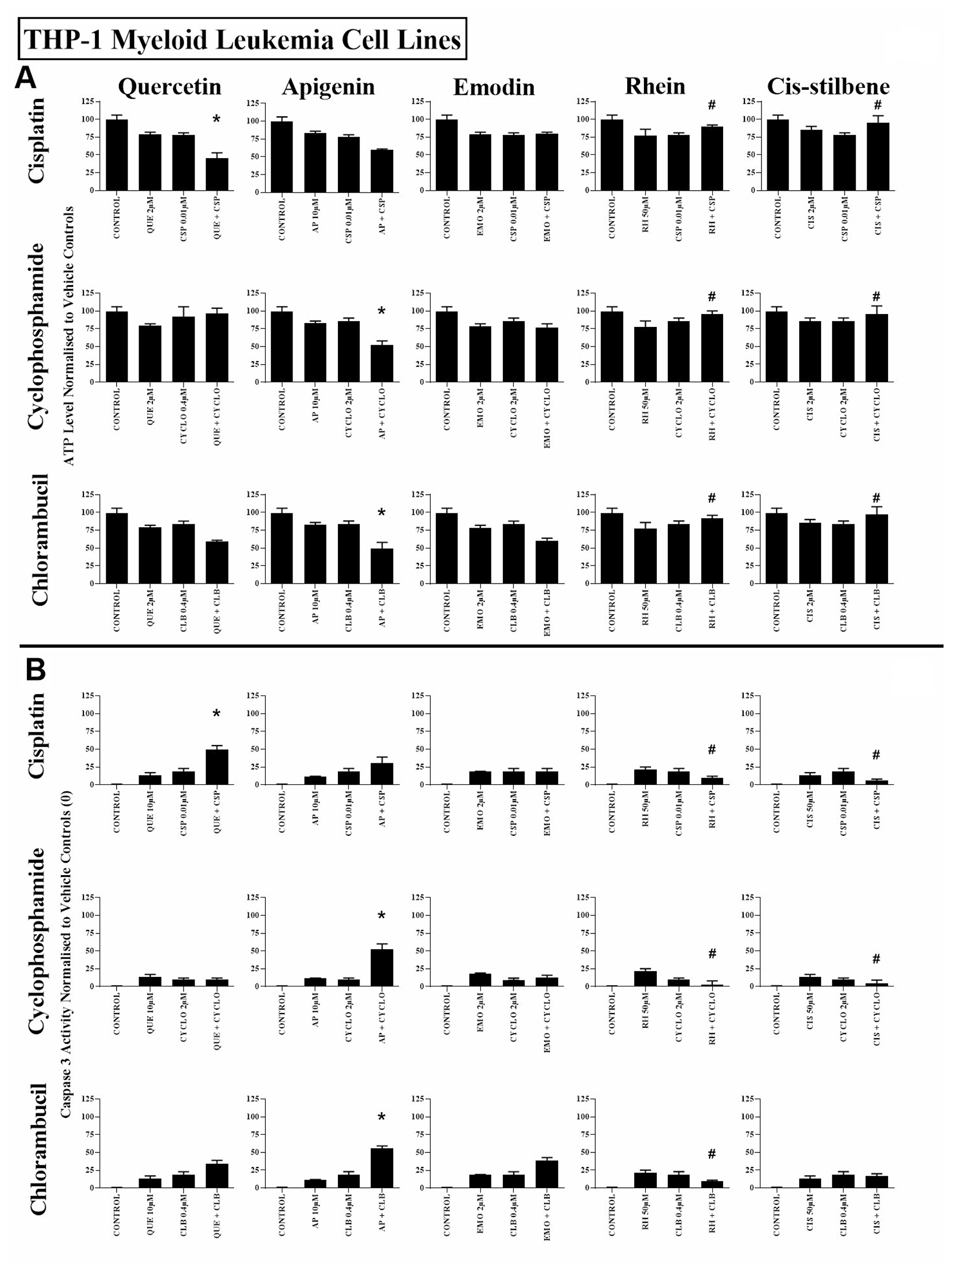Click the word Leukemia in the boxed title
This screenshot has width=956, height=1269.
coord(280,40)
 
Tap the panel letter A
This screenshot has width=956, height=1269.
coord(26,77)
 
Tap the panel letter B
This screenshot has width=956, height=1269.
coord(35,669)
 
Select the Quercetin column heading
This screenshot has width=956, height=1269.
coord(169,87)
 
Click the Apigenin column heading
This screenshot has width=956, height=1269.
coord(328,87)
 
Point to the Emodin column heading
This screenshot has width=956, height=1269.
coord(493,87)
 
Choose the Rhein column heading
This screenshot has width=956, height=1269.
coord(655,86)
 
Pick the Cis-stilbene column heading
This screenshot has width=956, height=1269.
coord(828,87)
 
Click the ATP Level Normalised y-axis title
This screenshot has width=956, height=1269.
coord(68,336)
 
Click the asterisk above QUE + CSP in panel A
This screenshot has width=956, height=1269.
coord(217,120)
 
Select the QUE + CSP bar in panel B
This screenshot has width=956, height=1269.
coord(217,767)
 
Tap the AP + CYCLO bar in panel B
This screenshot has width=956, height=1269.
coord(381,967)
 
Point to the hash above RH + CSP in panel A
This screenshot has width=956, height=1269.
coord(712,105)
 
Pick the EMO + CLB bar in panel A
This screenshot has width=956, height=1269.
coord(547,562)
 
